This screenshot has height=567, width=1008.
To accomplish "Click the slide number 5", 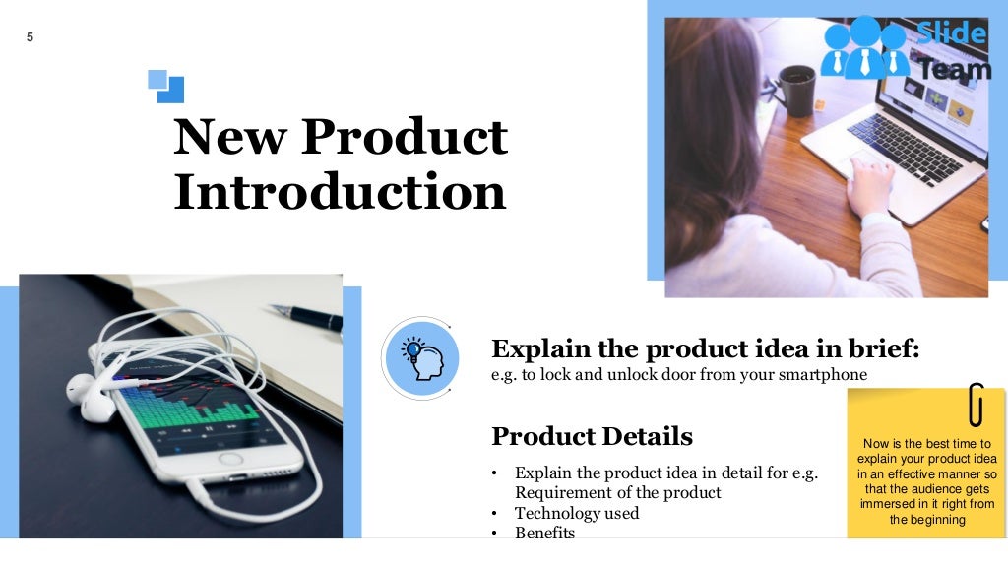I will point(30,37).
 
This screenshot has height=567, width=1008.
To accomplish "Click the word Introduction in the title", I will point(340,192).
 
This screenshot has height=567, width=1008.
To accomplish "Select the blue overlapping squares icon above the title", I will point(165,86).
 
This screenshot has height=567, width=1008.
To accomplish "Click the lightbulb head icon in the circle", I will point(420,357).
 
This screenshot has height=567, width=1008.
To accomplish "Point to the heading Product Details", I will point(592,436).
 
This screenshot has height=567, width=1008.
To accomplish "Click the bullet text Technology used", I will point(576,513).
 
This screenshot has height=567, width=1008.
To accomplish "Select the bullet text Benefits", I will point(544,533).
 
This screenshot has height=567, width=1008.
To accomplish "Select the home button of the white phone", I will point(231,459).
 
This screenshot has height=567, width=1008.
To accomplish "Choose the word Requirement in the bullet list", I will point(560,492).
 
